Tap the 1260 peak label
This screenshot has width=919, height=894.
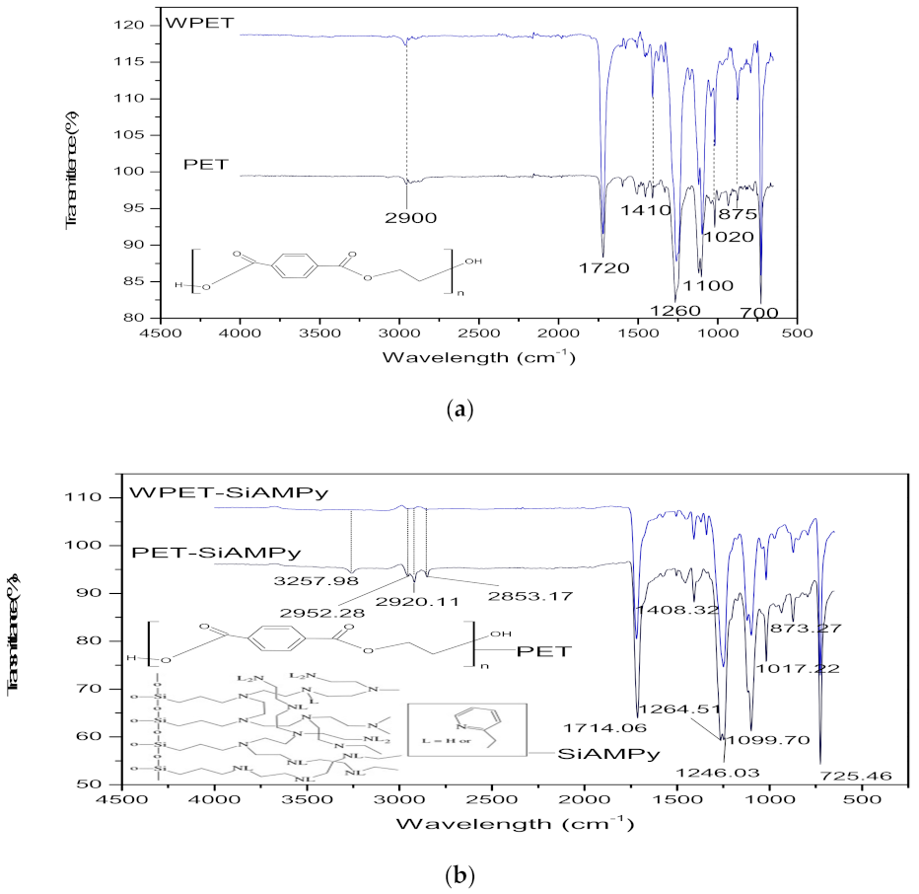click(675, 311)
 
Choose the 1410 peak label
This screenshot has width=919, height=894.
click(646, 210)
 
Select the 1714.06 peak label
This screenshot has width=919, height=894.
click(605, 727)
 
